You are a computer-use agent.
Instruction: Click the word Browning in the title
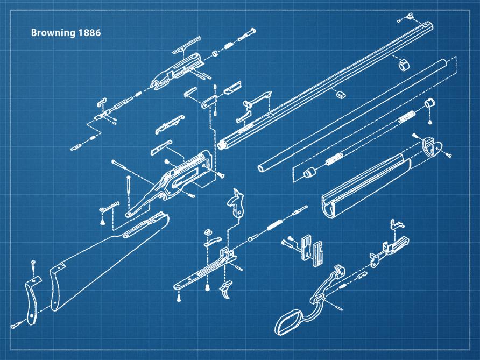[x=53, y=33]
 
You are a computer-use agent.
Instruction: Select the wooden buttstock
[x=104, y=263]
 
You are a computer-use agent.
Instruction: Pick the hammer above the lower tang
[x=237, y=203]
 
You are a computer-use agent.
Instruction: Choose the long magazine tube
[x=352, y=116]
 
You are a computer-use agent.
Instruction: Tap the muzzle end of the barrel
[x=428, y=26]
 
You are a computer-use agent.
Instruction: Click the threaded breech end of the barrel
[x=221, y=144]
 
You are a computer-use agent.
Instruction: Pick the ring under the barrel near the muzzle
[x=404, y=65]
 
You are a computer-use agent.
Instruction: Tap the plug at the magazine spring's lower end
[x=309, y=173]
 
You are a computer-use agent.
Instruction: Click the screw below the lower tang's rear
[x=179, y=297]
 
